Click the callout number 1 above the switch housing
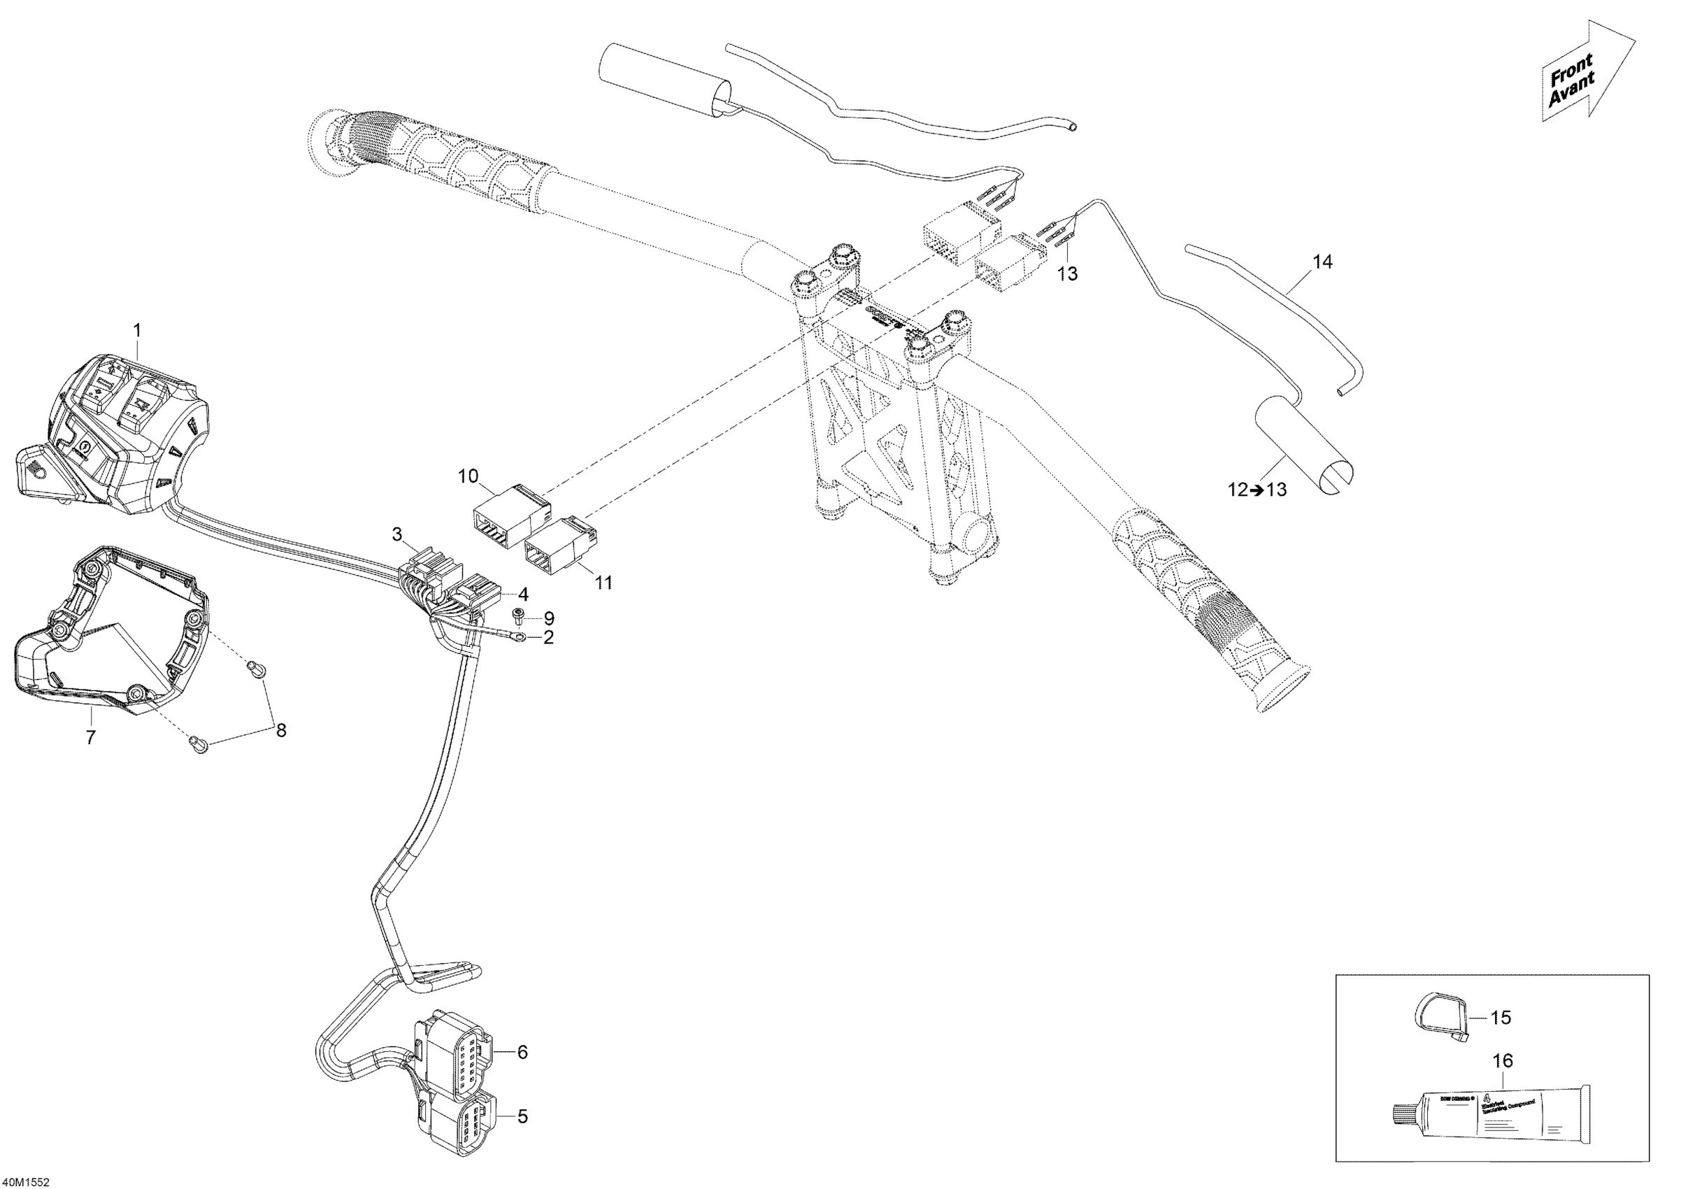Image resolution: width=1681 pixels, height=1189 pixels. (137, 330)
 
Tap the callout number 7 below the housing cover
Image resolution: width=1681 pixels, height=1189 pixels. (91, 737)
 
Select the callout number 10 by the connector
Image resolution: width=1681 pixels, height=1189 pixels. (468, 476)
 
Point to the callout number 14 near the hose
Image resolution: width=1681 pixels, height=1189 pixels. (1322, 262)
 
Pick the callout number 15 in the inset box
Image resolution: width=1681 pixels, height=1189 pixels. (1500, 1018)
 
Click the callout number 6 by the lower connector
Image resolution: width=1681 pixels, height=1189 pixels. (522, 1052)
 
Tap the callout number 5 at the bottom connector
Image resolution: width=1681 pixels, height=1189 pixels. (522, 1116)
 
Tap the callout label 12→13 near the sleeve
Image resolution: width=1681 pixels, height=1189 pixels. (1257, 490)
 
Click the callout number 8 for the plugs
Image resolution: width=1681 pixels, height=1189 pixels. (280, 730)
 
